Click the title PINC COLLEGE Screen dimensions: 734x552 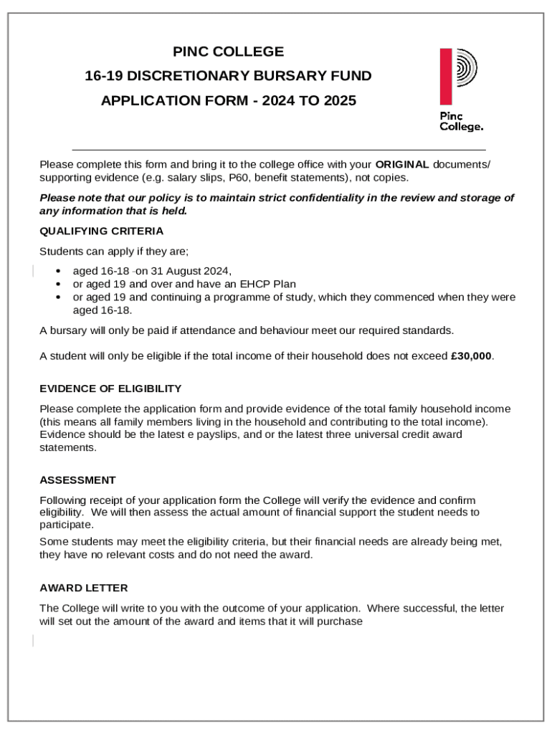point(228,52)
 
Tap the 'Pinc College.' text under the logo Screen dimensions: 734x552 point(461,121)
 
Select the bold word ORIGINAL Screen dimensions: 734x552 point(402,164)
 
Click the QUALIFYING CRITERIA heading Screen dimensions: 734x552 point(101,231)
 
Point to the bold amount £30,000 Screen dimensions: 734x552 point(472,356)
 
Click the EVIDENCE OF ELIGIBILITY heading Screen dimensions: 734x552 point(110,389)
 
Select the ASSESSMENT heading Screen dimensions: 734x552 point(77,480)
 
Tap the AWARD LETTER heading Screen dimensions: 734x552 point(84,588)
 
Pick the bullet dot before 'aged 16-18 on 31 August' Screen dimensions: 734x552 point(58,271)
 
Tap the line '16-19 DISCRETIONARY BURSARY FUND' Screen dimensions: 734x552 point(228,76)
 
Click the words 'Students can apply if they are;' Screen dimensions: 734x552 point(114,252)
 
